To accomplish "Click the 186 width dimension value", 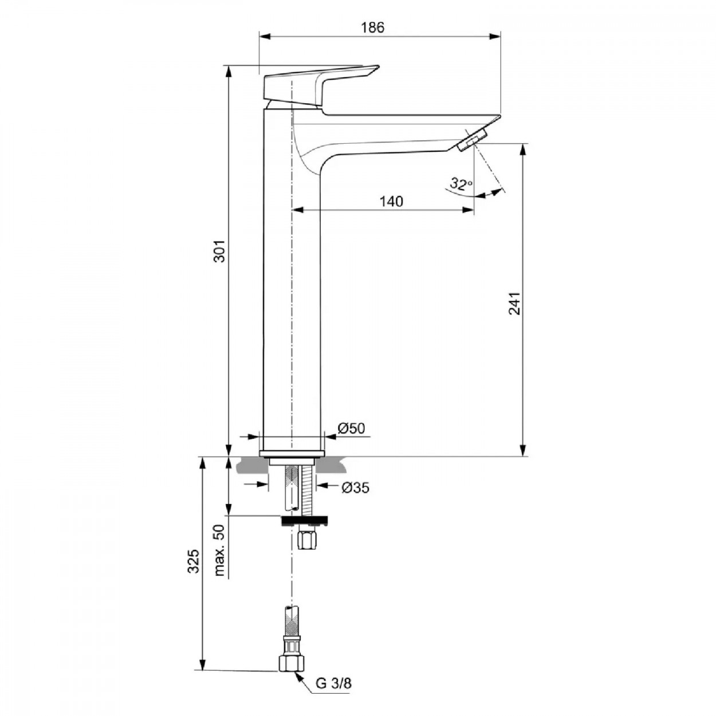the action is pyautogui.click(x=373, y=27).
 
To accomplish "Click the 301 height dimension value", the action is pyautogui.click(x=220, y=251).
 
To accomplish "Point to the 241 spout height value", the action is pyautogui.click(x=514, y=303).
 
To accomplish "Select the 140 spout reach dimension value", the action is pyautogui.click(x=391, y=201).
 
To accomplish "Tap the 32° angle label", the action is pyautogui.click(x=461, y=184).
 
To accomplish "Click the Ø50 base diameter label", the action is pyautogui.click(x=351, y=428).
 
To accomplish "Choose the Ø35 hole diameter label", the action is pyautogui.click(x=356, y=488).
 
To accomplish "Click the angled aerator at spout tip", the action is pyautogui.click(x=473, y=141).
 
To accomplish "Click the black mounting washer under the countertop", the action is pyautogui.click(x=304, y=521).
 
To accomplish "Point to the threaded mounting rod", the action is pyautogui.click(x=308, y=491).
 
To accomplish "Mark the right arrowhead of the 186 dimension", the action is pyautogui.click(x=495, y=37).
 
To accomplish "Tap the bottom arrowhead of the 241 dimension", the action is pyautogui.click(x=524, y=450).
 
